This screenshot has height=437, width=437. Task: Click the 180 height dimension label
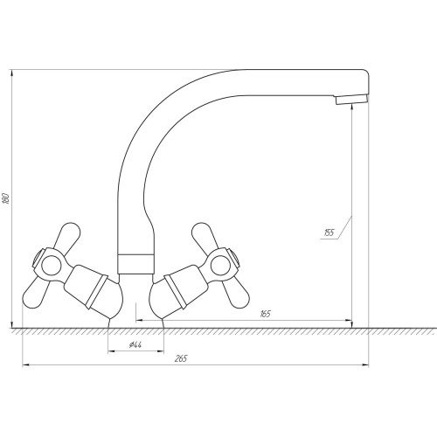click(7, 198)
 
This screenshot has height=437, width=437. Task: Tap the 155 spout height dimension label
click(329, 232)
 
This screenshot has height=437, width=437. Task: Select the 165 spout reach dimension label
click(265, 314)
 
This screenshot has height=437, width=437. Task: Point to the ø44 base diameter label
click(135, 345)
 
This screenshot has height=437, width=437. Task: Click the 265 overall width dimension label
click(181, 358)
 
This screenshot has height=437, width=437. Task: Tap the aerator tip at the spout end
click(351, 100)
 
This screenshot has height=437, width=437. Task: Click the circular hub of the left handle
click(52, 266)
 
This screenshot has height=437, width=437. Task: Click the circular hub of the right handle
click(220, 266)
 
